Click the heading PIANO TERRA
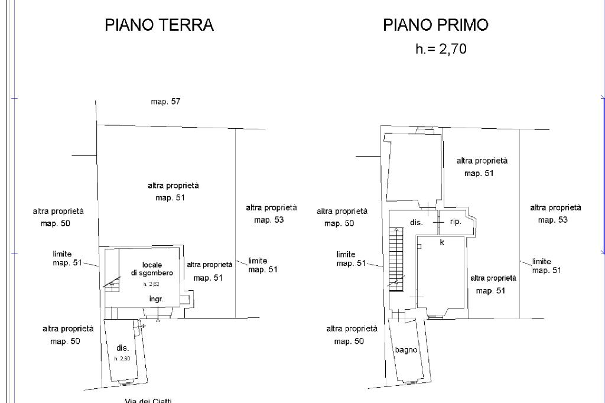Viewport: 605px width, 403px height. pyautogui.click(x=159, y=25)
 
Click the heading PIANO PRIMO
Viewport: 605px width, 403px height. pyautogui.click(x=435, y=25)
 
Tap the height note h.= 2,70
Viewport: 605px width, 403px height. pyautogui.click(x=441, y=49)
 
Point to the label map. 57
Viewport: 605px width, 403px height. pyautogui.click(x=165, y=102)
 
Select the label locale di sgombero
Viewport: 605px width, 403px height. pyautogui.click(x=152, y=269)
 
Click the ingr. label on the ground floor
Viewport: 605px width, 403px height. pyautogui.click(x=156, y=299)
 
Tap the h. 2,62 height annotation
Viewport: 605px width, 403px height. pyautogui.click(x=151, y=284)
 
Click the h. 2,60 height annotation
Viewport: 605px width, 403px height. pyautogui.click(x=122, y=359)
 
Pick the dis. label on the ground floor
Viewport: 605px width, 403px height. pyautogui.click(x=123, y=348)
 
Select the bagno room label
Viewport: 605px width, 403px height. pyautogui.click(x=406, y=350)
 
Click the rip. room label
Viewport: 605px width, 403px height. pyautogui.click(x=456, y=222)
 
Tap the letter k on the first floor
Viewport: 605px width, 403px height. pyautogui.click(x=442, y=242)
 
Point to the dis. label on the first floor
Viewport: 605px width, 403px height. pyautogui.click(x=416, y=223)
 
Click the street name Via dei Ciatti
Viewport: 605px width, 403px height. pyautogui.click(x=148, y=401)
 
